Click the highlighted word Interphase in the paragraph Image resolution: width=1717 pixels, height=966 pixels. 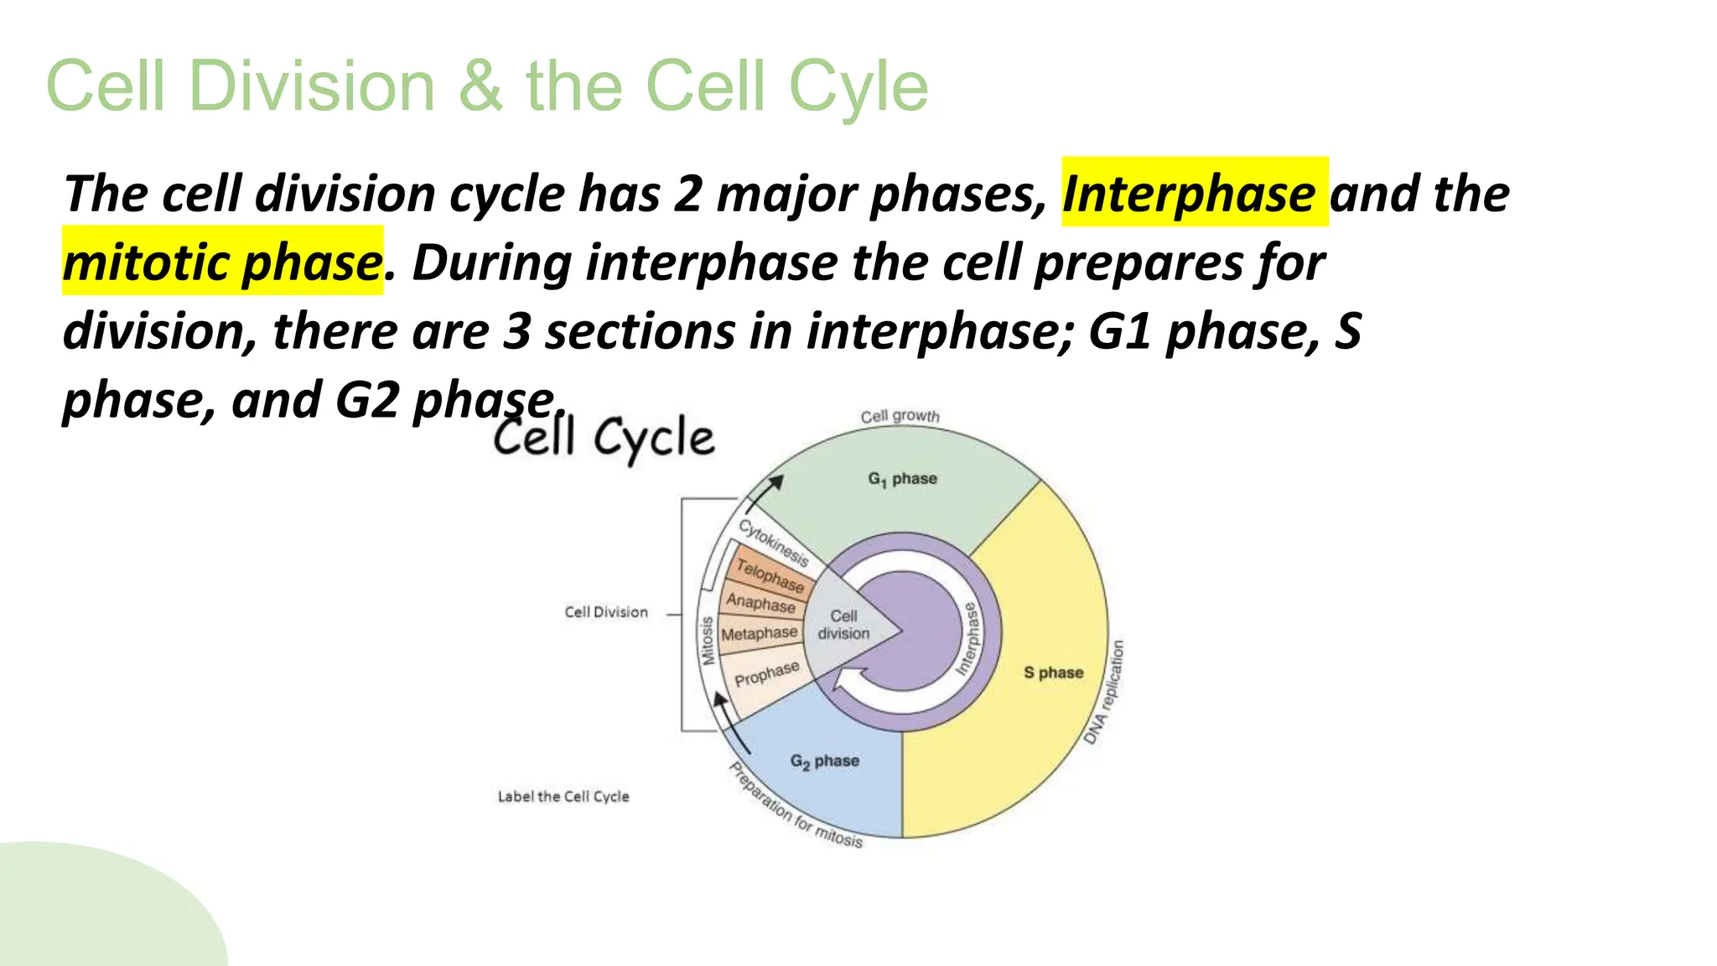1189,194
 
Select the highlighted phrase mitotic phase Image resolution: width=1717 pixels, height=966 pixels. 222,262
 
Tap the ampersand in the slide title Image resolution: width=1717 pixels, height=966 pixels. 480,86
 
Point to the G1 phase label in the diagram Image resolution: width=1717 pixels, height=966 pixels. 902,479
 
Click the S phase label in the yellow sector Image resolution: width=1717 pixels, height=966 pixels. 1053,673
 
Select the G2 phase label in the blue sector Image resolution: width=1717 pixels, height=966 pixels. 824,761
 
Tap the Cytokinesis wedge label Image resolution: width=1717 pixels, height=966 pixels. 773,543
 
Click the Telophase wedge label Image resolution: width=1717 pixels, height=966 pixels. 770,576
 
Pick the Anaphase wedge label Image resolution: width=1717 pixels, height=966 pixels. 760,603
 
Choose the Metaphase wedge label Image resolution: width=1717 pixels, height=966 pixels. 759,634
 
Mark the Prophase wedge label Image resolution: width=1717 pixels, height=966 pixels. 766,673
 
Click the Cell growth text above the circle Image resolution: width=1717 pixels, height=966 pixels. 900,416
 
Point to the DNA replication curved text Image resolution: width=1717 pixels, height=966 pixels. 1104,693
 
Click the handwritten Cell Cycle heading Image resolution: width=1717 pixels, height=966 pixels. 604,438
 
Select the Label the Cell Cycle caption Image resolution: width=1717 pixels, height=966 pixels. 563,797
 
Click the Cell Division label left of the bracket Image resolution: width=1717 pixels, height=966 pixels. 605,612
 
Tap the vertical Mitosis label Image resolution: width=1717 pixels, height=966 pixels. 707,641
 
